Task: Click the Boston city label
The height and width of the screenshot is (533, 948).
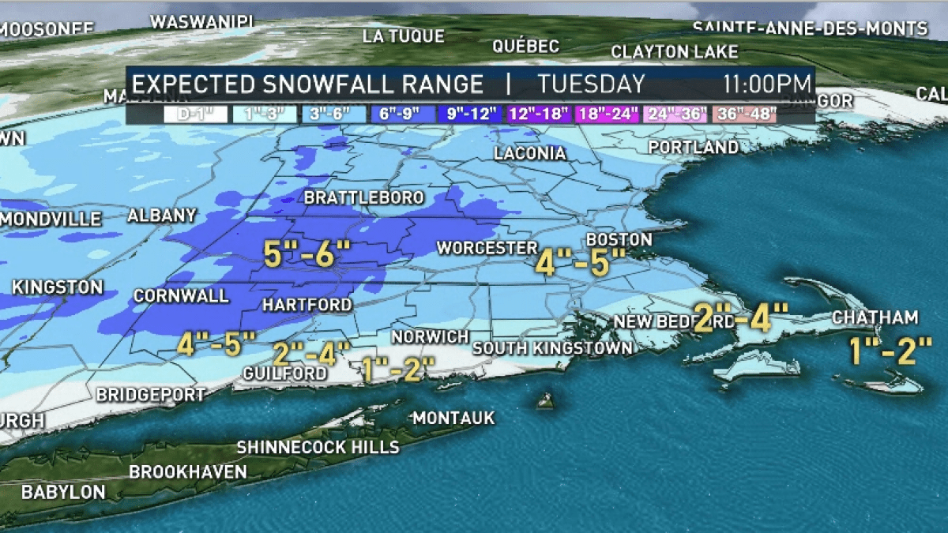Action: (619, 238)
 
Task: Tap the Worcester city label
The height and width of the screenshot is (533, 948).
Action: (487, 248)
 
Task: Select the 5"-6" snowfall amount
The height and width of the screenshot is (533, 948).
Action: (307, 254)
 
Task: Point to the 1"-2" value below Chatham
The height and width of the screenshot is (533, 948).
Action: (891, 350)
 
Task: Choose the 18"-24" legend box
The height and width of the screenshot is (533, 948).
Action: (608, 114)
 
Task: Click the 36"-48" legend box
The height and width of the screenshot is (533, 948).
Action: (744, 114)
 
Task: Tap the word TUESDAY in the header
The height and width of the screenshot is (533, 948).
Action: (591, 84)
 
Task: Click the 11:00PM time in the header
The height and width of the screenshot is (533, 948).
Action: (766, 84)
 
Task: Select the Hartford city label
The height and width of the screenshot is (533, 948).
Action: (307, 304)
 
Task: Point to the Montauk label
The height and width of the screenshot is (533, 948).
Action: (453, 417)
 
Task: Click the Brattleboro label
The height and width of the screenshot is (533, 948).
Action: (363, 197)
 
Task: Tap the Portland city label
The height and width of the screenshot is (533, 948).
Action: (693, 148)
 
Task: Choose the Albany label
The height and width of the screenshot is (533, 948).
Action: (161, 215)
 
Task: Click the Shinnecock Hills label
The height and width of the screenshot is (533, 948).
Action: (318, 447)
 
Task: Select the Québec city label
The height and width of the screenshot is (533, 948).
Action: (525, 46)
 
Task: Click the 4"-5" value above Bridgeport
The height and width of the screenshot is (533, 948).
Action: (216, 344)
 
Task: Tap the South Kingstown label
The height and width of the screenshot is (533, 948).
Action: (552, 347)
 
